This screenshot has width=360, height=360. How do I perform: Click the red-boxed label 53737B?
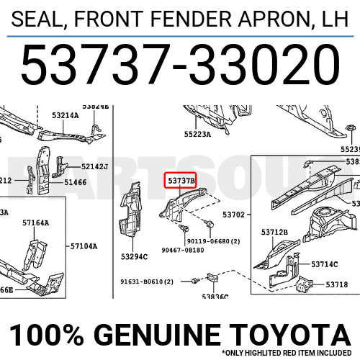(x=181, y=179)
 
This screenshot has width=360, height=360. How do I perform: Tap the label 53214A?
(x=66, y=115)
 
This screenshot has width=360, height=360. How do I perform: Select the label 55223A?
(x=197, y=133)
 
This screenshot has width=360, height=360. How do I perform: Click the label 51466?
(x=76, y=183)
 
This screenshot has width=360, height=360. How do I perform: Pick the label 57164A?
(x=35, y=223)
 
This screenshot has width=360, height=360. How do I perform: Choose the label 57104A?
(x=84, y=246)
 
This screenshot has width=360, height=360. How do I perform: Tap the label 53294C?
(x=135, y=256)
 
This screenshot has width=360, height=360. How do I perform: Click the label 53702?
(x=233, y=215)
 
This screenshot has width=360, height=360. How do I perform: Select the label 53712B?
(x=274, y=232)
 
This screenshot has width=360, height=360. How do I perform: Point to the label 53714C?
(x=325, y=264)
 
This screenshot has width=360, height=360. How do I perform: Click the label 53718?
(x=336, y=285)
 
